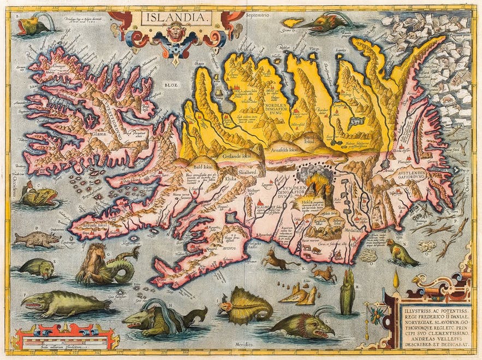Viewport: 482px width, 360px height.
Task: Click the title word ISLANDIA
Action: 176,17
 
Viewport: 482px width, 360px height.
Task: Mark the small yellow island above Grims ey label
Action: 295,23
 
